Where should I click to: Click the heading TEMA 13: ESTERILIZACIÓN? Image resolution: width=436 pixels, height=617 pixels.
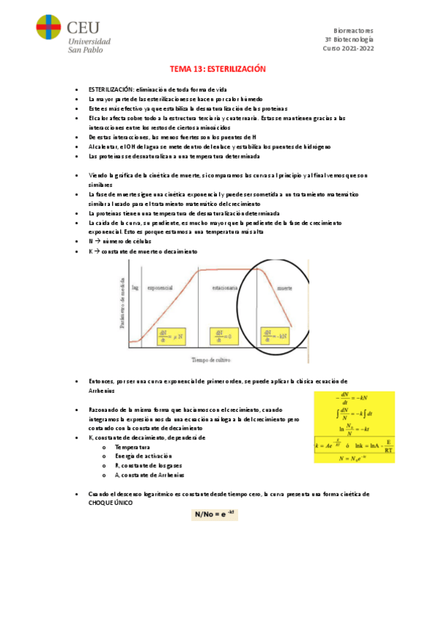(x=218, y=68)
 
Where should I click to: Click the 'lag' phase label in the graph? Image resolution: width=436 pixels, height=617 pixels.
(x=135, y=288)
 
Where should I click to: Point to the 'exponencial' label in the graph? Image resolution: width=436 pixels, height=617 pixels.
(x=160, y=288)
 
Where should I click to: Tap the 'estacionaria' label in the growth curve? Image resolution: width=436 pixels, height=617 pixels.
(x=224, y=288)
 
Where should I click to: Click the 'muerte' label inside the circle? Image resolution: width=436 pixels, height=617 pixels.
(x=285, y=288)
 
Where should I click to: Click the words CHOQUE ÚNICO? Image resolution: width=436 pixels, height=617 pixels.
(x=110, y=503)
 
